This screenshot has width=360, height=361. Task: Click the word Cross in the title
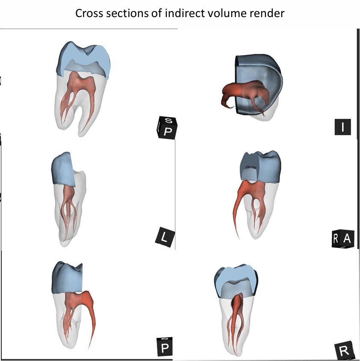tap(89, 13)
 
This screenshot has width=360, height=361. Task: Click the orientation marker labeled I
tap(343, 127)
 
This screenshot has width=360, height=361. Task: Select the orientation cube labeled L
tap(165, 237)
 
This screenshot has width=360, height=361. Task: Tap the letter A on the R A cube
tap(347, 239)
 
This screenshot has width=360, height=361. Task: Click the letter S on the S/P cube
tap(169, 120)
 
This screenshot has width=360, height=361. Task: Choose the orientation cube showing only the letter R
tap(344, 351)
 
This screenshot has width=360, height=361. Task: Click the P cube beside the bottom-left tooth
tap(165, 347)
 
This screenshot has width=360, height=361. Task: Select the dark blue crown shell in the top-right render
tap(258, 76)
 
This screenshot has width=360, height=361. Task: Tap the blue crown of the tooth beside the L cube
tap(63, 169)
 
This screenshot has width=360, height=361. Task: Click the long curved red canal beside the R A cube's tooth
tap(237, 207)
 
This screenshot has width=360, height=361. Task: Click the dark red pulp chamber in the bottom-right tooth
tap(237, 306)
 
